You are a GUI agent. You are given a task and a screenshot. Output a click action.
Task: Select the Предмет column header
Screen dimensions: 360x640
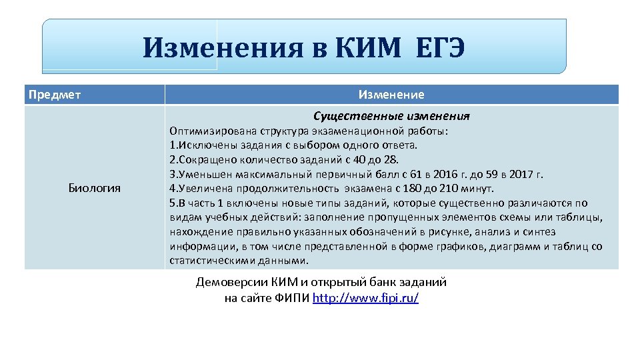(55, 94)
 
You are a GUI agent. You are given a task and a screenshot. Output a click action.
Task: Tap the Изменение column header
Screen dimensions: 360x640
(391, 94)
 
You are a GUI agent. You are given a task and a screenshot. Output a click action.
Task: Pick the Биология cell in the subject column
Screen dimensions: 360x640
(95, 187)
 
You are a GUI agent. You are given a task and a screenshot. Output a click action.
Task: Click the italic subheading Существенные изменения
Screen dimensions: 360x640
(391, 115)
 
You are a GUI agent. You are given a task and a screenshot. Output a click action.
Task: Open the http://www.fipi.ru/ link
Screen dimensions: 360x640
(366, 298)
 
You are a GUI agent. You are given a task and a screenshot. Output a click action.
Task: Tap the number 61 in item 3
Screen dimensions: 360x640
(387, 175)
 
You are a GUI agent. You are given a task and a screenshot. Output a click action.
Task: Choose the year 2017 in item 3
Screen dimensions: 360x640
(517, 175)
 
